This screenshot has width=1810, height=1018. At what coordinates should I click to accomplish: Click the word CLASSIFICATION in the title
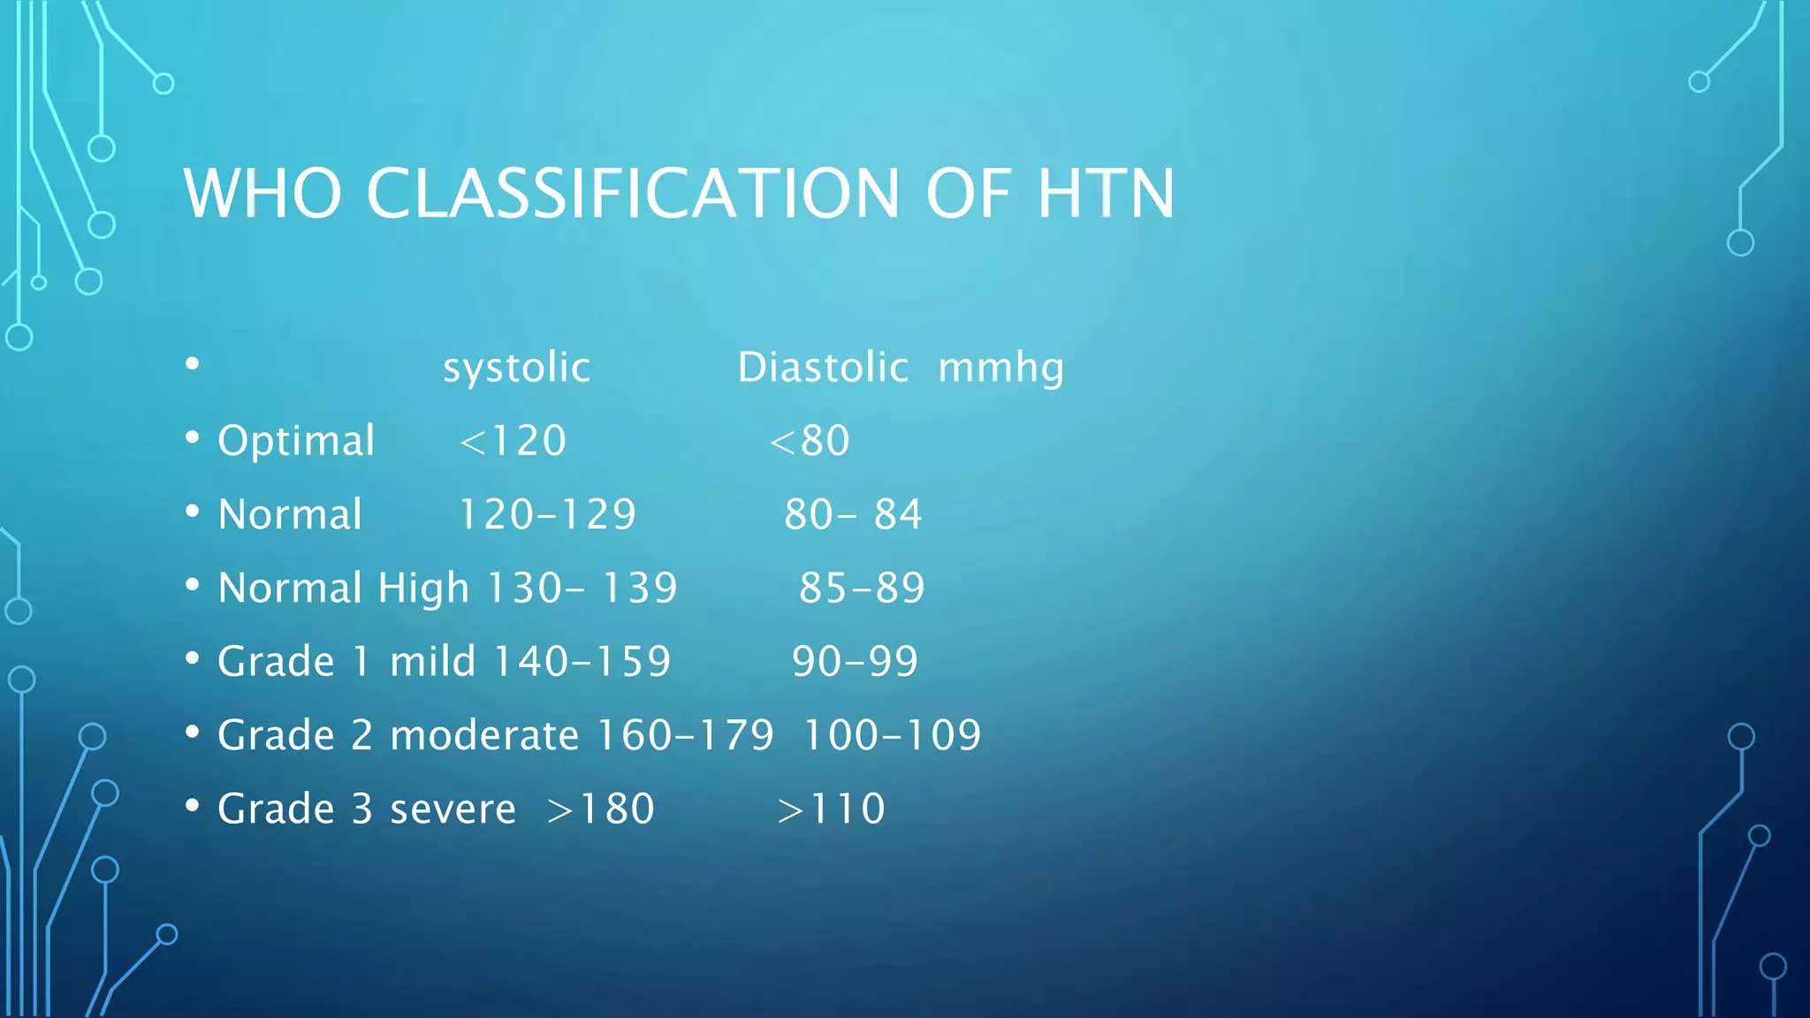tap(632, 194)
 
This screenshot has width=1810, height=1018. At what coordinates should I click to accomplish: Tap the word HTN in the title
tap(1105, 194)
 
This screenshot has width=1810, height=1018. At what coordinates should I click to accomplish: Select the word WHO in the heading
tap(262, 194)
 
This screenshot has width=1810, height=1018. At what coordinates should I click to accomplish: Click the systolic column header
tap(516, 368)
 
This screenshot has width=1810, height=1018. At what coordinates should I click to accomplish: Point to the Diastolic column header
tap(823, 368)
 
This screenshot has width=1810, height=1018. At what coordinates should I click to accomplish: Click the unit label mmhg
tap(1000, 368)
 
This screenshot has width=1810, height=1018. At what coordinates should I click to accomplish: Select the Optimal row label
tap(296, 441)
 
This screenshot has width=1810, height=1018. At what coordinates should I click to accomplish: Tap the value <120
tap(513, 441)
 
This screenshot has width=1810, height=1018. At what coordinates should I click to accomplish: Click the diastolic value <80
tap(810, 441)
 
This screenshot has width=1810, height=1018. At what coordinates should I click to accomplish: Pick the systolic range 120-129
tap(547, 514)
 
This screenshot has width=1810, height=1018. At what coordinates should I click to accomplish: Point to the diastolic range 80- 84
tap(853, 514)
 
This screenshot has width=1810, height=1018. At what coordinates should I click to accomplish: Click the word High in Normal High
tap(423, 589)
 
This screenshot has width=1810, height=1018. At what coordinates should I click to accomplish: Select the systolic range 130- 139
tap(582, 589)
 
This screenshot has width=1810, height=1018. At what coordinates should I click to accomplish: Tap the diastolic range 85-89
tap(862, 589)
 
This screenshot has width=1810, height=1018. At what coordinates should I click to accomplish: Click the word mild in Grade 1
tap(432, 662)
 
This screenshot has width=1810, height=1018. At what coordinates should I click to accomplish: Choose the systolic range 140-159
tap(582, 662)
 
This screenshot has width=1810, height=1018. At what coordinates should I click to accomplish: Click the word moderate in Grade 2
tap(484, 735)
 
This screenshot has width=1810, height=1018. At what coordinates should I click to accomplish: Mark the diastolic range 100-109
tap(892, 735)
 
